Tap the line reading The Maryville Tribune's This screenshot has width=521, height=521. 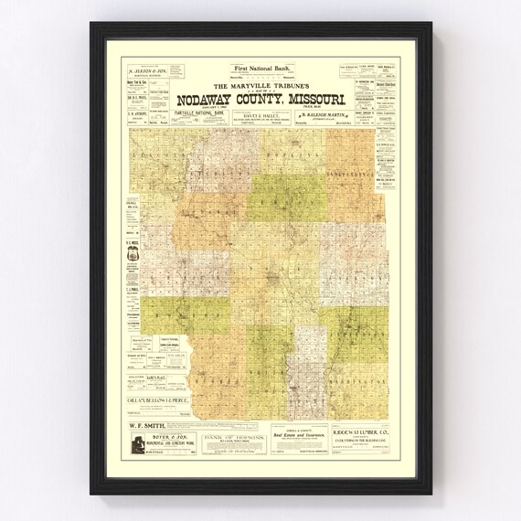(260, 87)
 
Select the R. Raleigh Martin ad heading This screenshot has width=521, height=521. (319, 115)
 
